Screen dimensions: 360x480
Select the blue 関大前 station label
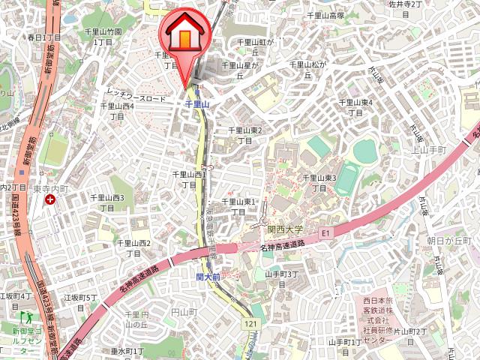tap(208, 277)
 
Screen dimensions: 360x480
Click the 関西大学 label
tap(285, 229)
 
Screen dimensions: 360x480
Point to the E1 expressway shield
tap(325, 233)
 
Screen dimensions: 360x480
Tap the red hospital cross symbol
tap(49, 199)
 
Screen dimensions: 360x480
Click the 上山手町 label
tap(430, 150)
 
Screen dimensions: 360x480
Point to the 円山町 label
tap(184, 311)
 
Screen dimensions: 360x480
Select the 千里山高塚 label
tap(325, 15)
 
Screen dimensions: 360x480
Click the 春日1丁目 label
tap(43, 37)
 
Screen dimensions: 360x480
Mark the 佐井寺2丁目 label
tap(409, 4)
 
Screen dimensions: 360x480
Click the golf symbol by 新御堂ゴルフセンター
tap(22, 318)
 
